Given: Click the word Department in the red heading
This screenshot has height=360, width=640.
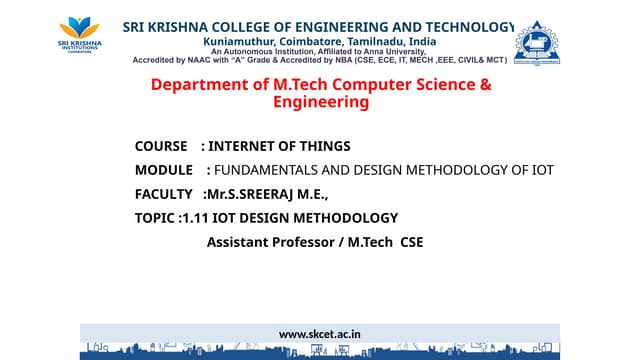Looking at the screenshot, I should pyautogui.click(x=198, y=85).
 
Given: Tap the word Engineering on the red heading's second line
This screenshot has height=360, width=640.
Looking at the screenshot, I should pyautogui.click(x=319, y=102).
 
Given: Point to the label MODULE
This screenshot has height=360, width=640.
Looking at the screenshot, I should pyautogui.click(x=163, y=170).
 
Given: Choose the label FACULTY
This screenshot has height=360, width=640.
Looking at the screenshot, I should pyautogui.click(x=163, y=194).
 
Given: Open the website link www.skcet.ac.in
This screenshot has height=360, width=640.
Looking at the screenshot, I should pyautogui.click(x=319, y=334).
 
